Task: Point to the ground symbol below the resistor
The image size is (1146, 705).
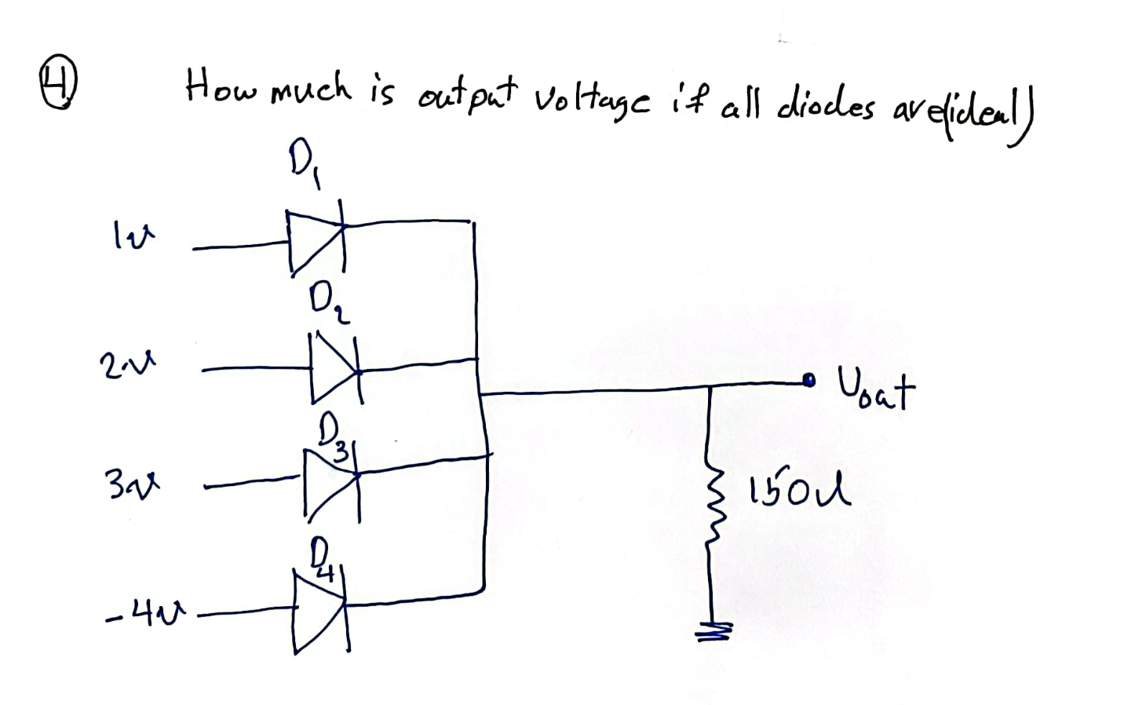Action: coord(717,629)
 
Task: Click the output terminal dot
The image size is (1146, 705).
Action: coord(809,382)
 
